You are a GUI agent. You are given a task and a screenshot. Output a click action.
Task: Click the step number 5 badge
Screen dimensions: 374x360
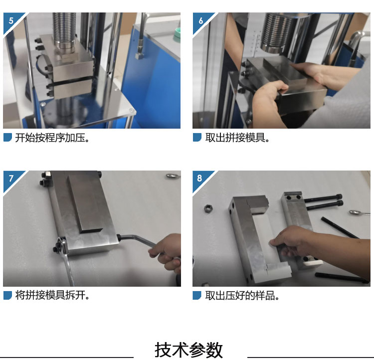click(11, 21)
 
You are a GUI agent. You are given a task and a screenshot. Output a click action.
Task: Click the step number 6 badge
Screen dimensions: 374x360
click(200, 21)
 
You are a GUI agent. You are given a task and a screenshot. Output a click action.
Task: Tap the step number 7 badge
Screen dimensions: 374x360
click(11, 179)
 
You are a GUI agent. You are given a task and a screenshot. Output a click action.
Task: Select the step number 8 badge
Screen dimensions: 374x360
click(200, 179)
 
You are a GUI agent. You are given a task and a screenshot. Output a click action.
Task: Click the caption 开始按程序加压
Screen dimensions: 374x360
click(52, 138)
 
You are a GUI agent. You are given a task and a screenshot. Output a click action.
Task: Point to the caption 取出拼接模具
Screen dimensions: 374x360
click(237, 138)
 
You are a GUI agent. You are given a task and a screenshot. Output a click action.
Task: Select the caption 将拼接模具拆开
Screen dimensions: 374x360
click(52, 295)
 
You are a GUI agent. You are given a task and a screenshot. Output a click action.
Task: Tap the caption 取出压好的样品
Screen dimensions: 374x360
click(242, 296)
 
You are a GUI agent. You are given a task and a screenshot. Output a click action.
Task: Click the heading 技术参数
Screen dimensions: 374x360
click(188, 350)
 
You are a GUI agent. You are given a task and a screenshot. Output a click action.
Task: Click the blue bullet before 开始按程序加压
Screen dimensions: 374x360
click(7, 138)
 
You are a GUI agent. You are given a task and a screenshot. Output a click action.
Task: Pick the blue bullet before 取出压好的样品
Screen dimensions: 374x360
click(197, 295)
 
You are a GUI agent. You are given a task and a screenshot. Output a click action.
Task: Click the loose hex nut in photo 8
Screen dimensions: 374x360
click(208, 208)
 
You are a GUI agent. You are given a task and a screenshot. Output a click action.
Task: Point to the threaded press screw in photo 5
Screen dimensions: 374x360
click(64, 28)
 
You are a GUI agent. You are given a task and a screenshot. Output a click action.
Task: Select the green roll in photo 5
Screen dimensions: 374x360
click(178, 34)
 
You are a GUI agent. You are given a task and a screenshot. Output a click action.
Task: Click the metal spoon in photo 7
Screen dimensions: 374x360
click(173, 176)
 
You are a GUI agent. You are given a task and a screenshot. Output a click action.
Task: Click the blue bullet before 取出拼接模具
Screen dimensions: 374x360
click(197, 138)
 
